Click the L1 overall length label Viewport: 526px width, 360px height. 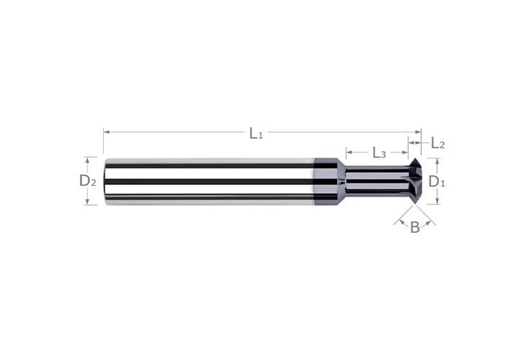click(256, 133)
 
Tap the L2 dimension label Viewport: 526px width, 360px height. click(437, 143)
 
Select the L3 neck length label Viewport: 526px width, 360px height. click(379, 153)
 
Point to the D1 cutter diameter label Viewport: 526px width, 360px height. click(437, 181)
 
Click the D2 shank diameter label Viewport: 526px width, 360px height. click(87, 181)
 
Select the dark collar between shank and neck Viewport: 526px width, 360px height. click(328, 181)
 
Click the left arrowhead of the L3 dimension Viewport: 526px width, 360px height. click(349, 153)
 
